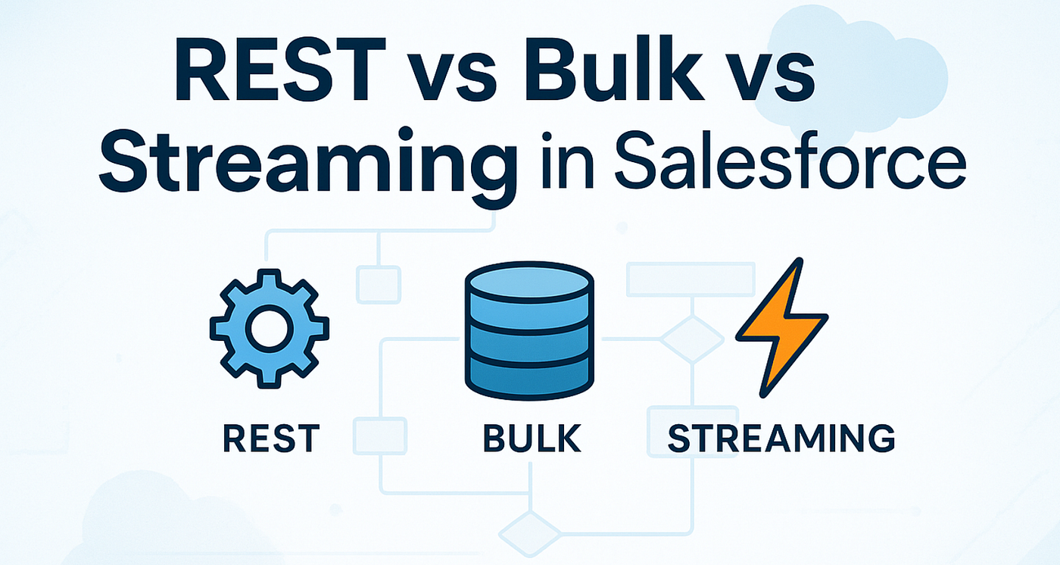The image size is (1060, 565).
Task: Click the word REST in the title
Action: pyautogui.click(x=280, y=69)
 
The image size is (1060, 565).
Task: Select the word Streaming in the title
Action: pyautogui.click(x=307, y=161)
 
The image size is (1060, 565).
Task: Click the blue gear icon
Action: pyautogui.click(x=270, y=329)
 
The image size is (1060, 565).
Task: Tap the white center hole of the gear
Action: pyautogui.click(x=270, y=329)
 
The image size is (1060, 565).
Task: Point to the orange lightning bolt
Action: pyautogui.click(x=781, y=327)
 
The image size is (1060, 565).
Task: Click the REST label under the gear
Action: pyautogui.click(x=271, y=439)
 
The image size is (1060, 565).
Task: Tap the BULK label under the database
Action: pyautogui.click(x=532, y=439)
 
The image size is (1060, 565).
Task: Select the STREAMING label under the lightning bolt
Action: pyautogui.click(x=781, y=439)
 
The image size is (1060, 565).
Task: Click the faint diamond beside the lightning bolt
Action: pyautogui.click(x=692, y=339)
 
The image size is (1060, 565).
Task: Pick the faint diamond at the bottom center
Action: pyautogui.click(x=530, y=534)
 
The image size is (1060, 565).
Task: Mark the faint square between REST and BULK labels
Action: pyautogui.click(x=380, y=435)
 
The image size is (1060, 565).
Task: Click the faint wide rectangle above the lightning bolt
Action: pyautogui.click(x=691, y=279)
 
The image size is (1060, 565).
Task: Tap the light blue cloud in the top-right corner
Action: pyautogui.click(x=852, y=71)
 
